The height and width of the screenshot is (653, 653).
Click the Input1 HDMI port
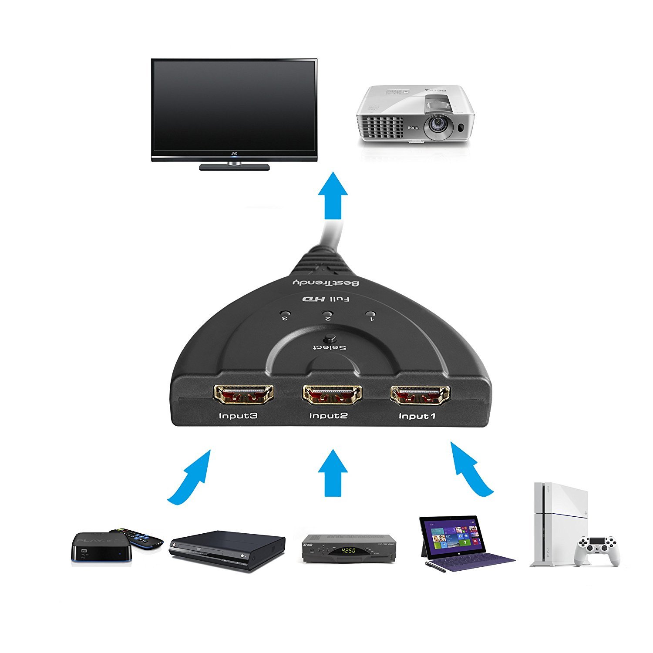420,395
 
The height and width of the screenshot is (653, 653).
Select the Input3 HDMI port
243,394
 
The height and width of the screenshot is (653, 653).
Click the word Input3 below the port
238,416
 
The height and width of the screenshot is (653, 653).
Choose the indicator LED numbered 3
285,313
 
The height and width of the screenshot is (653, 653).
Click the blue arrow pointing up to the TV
333,196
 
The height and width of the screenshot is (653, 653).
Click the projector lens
436,124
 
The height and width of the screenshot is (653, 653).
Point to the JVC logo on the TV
234,154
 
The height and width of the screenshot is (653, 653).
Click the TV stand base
234,167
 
